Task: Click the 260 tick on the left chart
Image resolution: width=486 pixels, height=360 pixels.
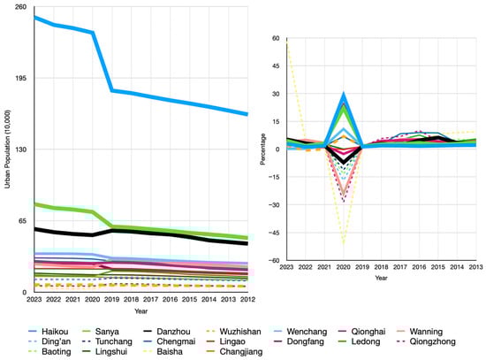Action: [20, 7]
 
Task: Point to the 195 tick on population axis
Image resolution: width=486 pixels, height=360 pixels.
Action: [20, 78]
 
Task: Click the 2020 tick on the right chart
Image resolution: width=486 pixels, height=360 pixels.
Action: [344, 268]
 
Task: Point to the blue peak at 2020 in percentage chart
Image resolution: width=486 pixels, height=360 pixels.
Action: [344, 94]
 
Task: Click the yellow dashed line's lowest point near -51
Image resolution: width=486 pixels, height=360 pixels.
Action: [344, 243]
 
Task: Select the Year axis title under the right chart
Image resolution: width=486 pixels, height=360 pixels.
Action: [381, 278]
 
